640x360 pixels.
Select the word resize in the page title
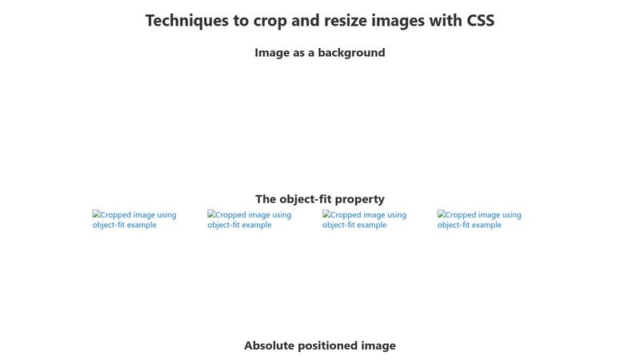tap(346, 21)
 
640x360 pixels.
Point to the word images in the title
tap(402, 21)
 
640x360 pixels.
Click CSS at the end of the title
tap(480, 21)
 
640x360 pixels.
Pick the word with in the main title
tap(446, 21)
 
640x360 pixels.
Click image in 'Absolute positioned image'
tap(379, 346)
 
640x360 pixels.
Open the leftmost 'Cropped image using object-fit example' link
tap(134, 219)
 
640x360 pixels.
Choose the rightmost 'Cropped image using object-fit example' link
tap(479, 219)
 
